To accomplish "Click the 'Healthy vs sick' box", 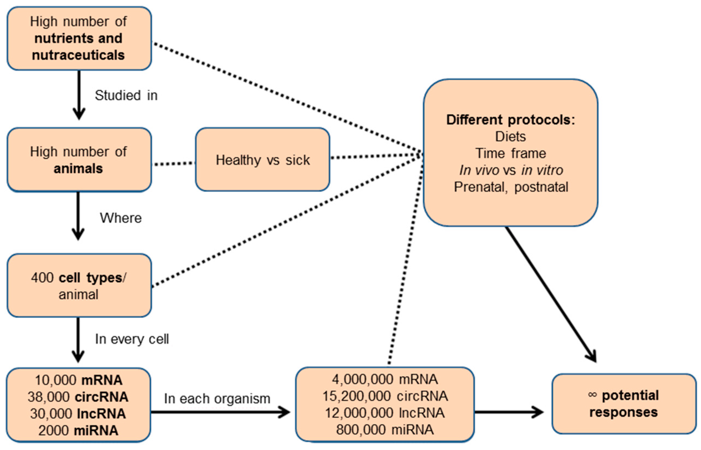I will pyautogui.click(x=262, y=160).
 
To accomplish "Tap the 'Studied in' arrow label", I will pyautogui.click(x=126, y=96).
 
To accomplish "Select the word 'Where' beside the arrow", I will pyautogui.click(x=121, y=218).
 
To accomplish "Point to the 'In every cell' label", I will pyautogui.click(x=132, y=339).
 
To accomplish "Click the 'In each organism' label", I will pyautogui.click(x=217, y=399).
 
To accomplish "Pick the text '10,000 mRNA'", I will pyautogui.click(x=78, y=380).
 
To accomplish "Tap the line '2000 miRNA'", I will pyautogui.click(x=78, y=430).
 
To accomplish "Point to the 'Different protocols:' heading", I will pyautogui.click(x=511, y=120).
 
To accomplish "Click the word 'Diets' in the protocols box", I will pyautogui.click(x=511, y=136).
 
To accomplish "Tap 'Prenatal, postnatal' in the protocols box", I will pyautogui.click(x=511, y=187).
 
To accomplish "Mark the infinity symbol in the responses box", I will pyautogui.click(x=592, y=395).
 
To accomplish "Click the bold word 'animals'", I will pyautogui.click(x=78, y=169).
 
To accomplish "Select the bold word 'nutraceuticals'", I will pyautogui.click(x=78, y=55).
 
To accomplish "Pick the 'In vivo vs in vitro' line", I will pyautogui.click(x=511, y=170).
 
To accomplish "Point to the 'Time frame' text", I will pyautogui.click(x=511, y=153).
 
